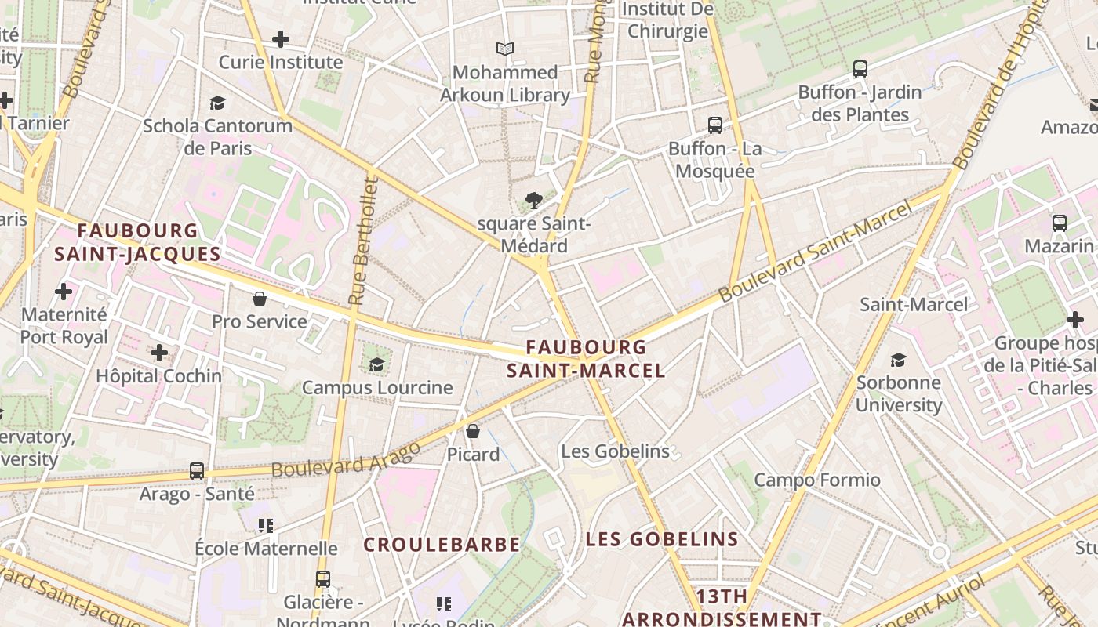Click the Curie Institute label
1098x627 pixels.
(281, 62)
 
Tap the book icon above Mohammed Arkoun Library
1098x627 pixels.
(505, 49)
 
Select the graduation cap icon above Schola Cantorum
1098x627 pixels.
(217, 103)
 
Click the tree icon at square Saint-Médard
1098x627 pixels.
(534, 201)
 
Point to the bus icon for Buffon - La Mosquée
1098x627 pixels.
(715, 125)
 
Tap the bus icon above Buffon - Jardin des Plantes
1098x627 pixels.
(860, 69)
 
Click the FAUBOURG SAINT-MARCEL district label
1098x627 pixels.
(586, 358)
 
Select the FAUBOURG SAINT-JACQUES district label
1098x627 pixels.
(137, 242)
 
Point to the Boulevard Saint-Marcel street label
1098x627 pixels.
(816, 252)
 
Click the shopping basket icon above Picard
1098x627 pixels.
(473, 431)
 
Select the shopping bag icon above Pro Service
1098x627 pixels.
(260, 299)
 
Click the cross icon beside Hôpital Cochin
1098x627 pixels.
(159, 353)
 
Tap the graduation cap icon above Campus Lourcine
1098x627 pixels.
(377, 364)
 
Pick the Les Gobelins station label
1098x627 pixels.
(615, 451)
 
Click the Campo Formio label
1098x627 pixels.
(817, 480)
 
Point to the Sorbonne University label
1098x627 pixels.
(899, 393)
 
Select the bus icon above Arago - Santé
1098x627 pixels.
(197, 471)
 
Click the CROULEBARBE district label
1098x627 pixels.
(442, 545)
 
